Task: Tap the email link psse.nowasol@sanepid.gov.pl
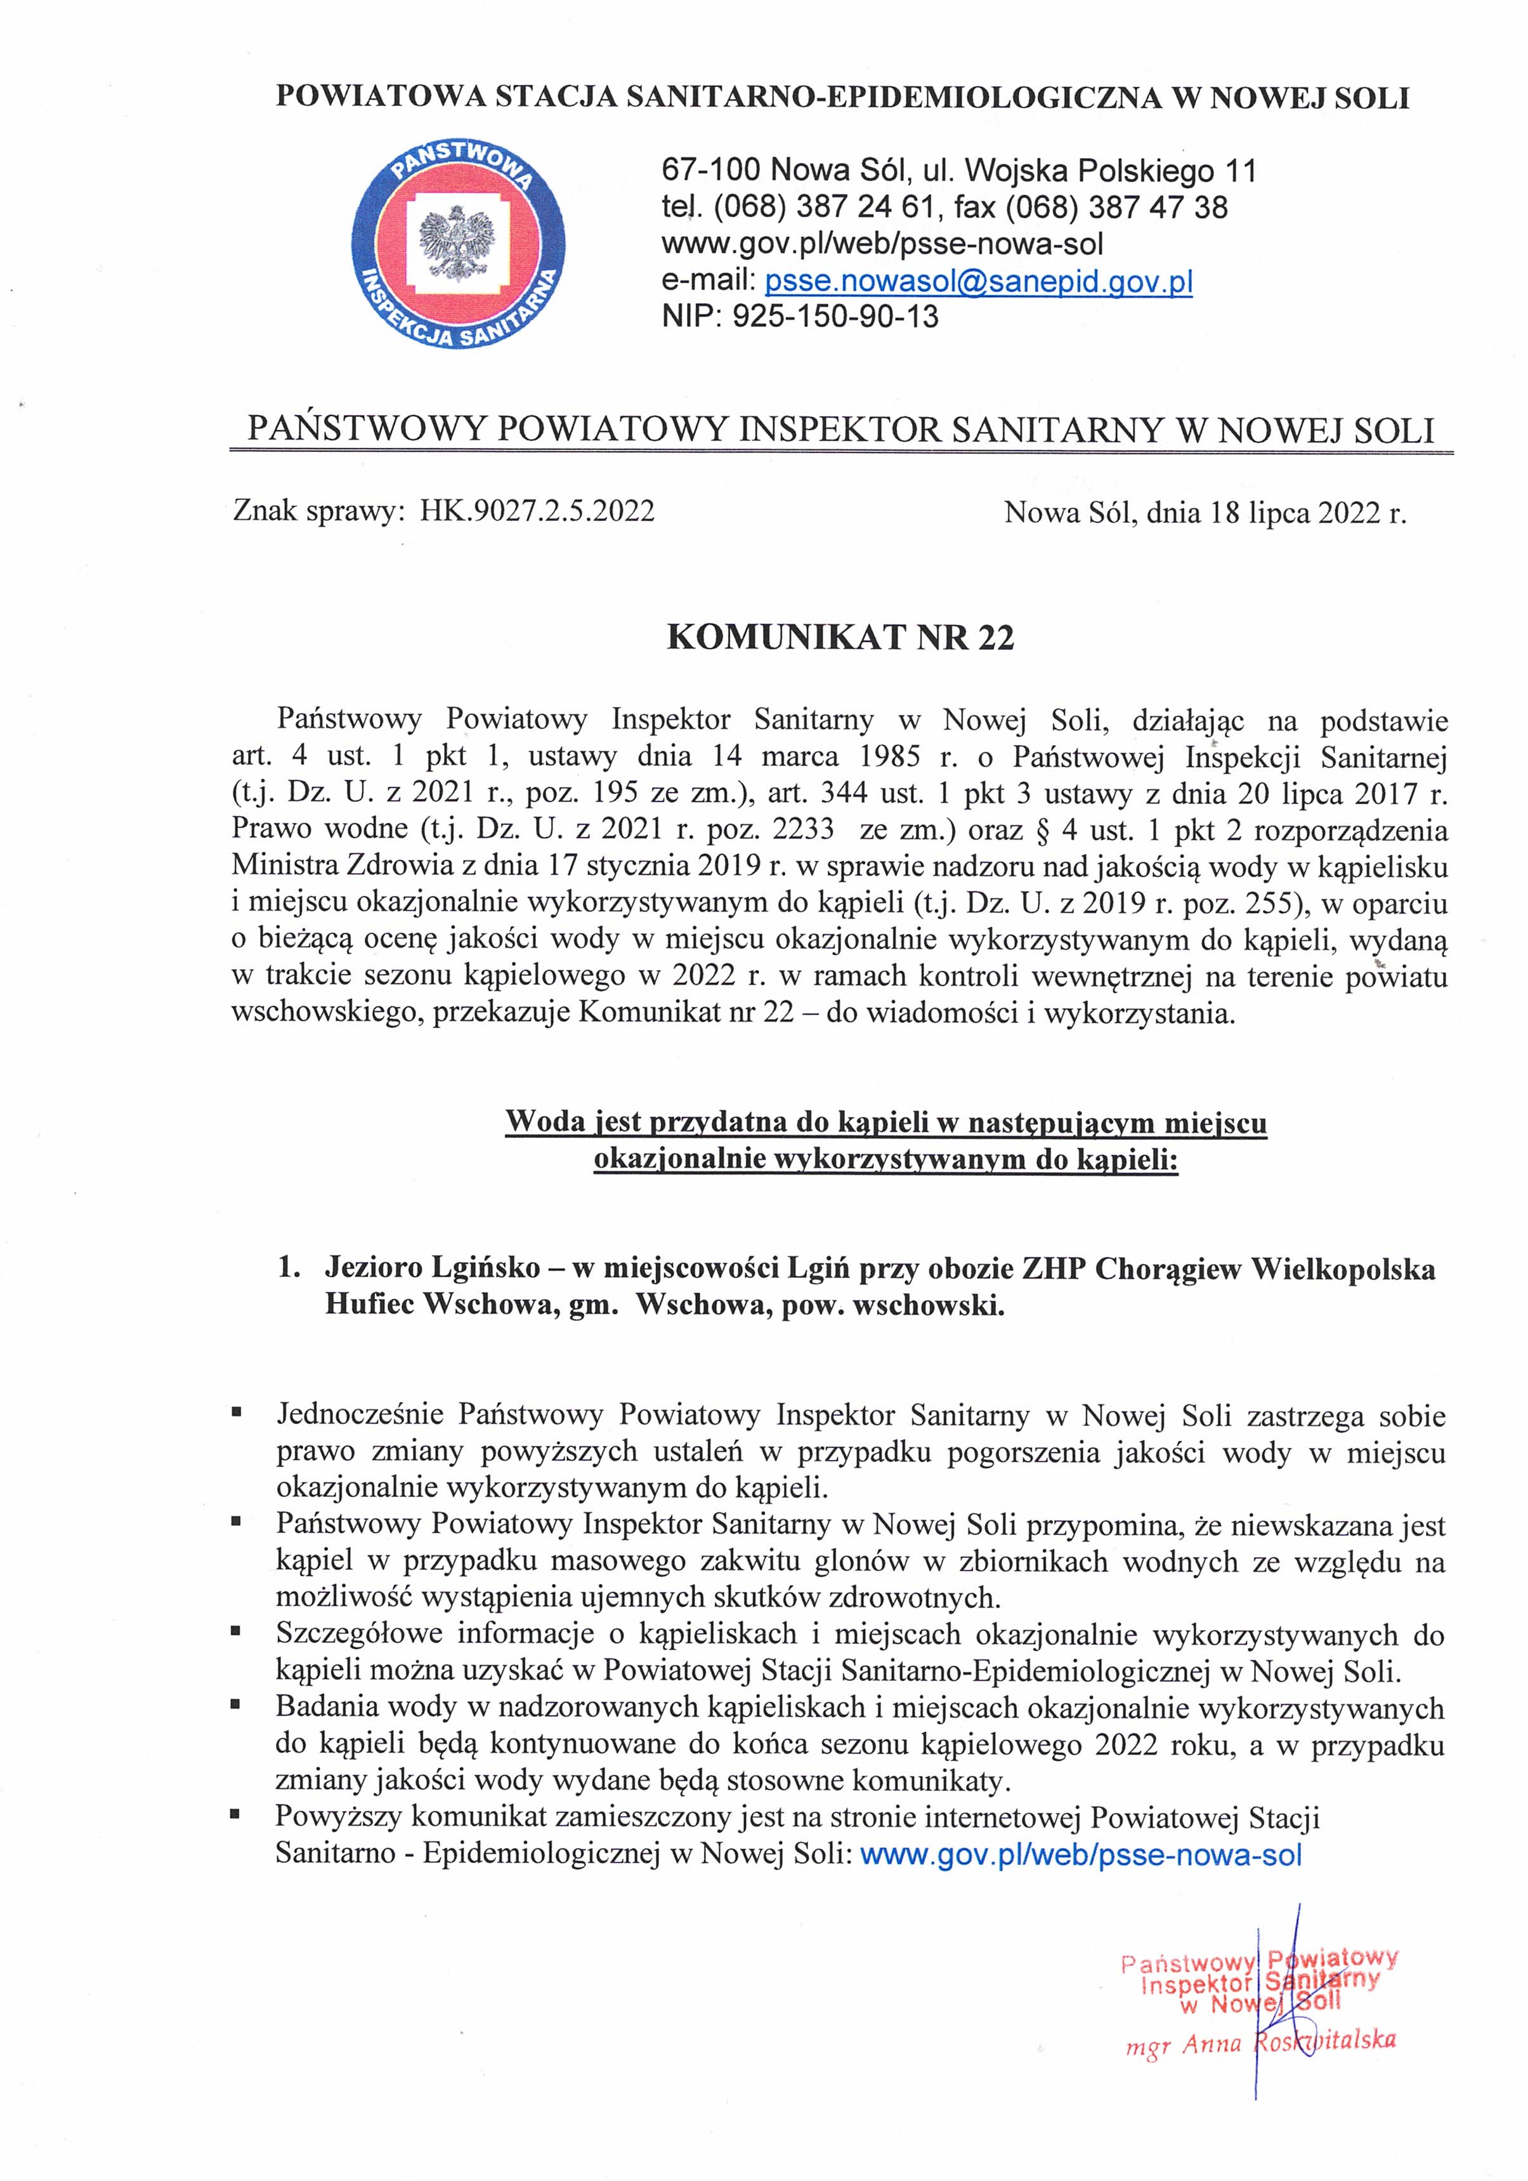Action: coord(978,282)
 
